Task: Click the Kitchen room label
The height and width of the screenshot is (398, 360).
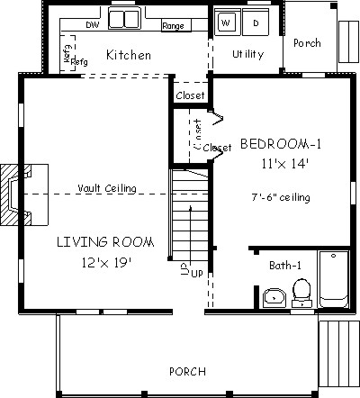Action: click(129, 56)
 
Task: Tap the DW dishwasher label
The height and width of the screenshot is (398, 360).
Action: click(92, 26)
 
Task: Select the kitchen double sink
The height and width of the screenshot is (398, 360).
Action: click(123, 18)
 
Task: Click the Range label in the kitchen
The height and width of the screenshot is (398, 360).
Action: click(173, 26)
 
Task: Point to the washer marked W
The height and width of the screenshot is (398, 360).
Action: click(226, 21)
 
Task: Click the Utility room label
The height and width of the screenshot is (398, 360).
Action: click(247, 54)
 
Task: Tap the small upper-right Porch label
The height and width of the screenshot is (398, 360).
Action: click(307, 42)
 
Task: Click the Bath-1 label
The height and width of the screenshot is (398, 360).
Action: click(285, 266)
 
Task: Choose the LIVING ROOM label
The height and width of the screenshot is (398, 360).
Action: click(105, 242)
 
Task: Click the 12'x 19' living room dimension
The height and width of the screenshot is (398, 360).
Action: click(106, 263)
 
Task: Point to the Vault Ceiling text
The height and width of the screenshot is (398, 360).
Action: click(107, 188)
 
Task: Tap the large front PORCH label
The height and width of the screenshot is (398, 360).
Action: click(186, 372)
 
